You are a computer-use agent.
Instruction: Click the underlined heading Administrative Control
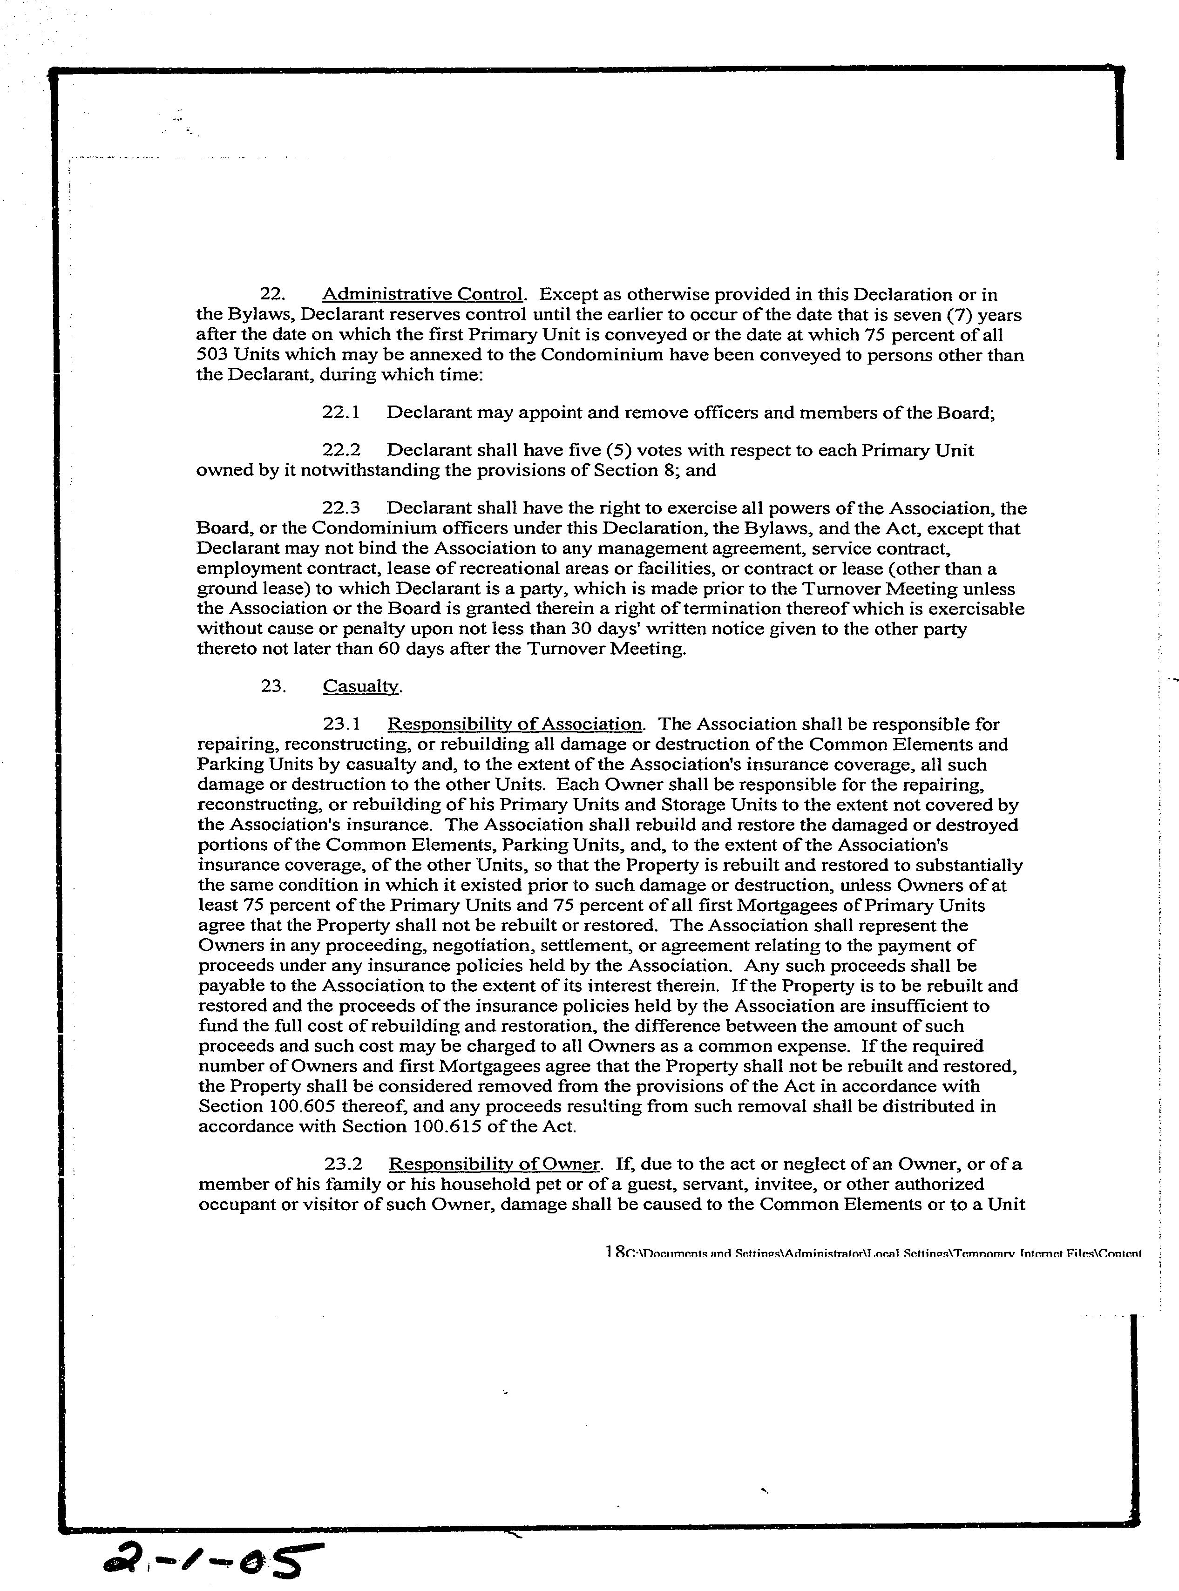click(x=424, y=295)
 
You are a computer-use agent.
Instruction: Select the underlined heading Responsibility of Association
click(x=515, y=724)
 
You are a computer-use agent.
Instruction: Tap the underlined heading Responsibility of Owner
click(x=495, y=1164)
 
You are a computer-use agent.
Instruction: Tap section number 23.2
click(x=343, y=1164)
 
